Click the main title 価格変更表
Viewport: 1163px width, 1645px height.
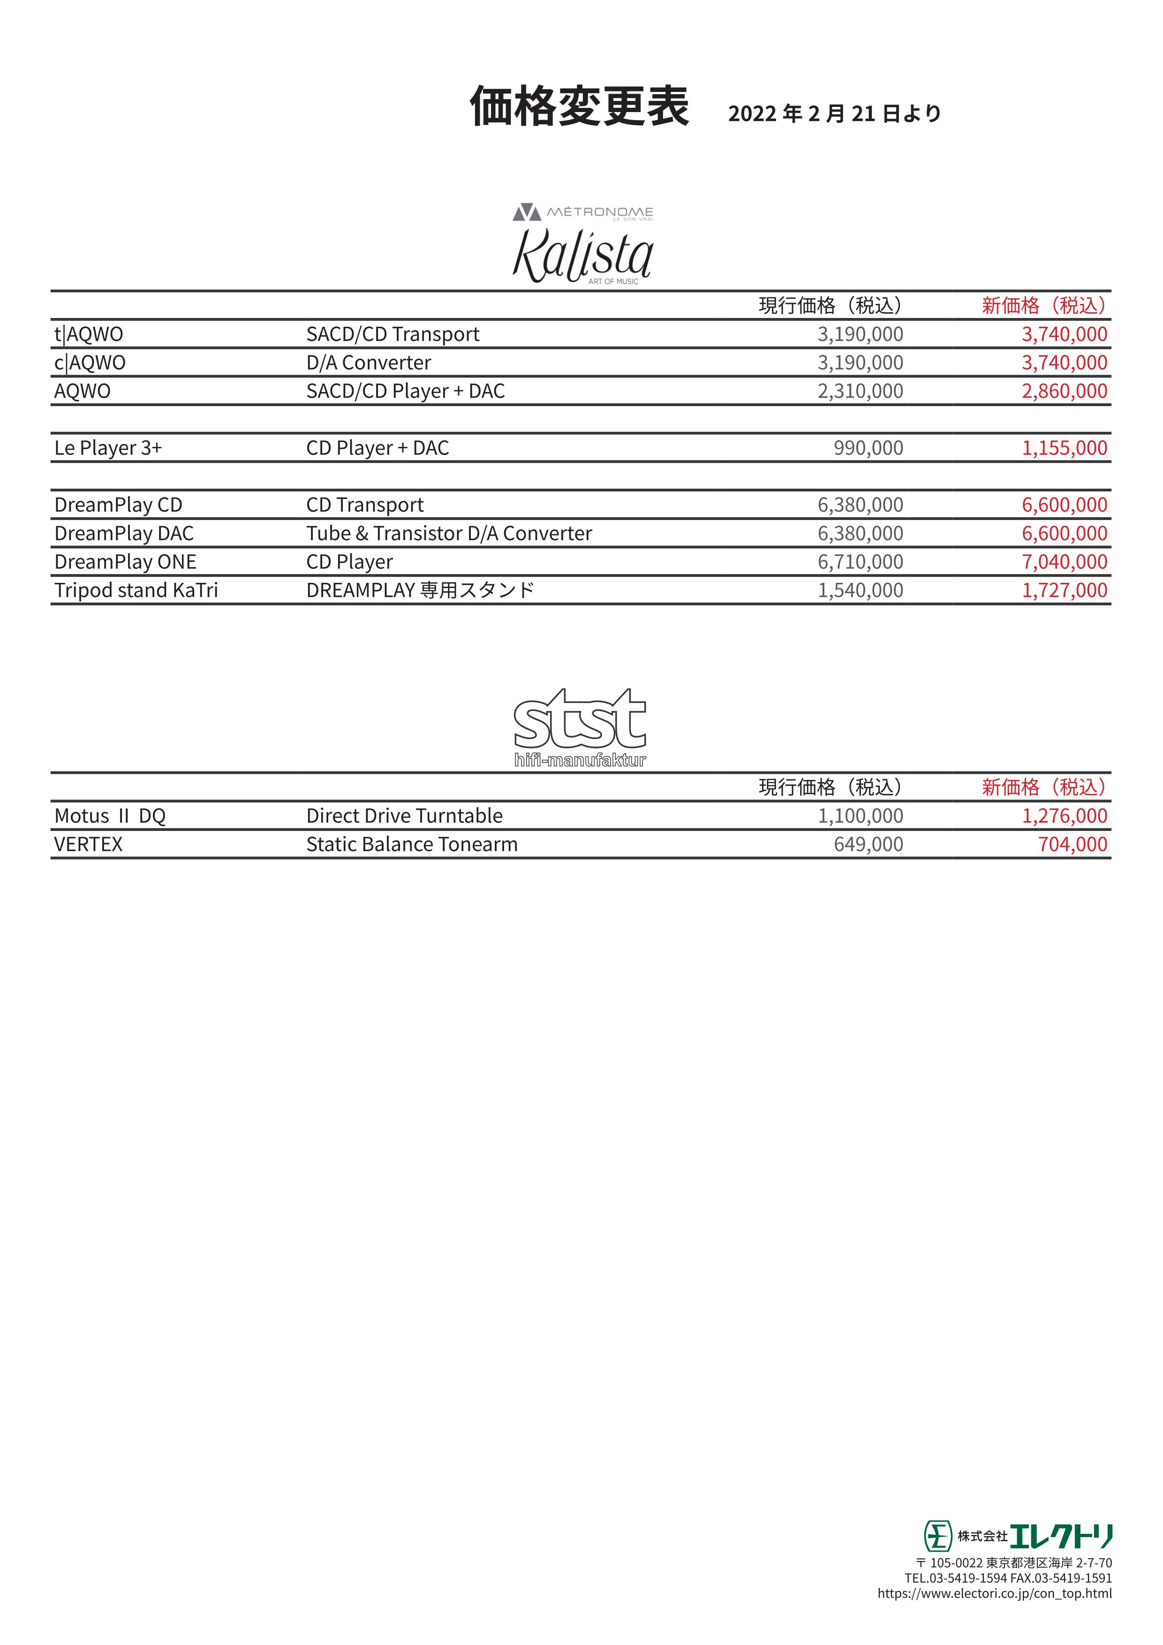tap(579, 107)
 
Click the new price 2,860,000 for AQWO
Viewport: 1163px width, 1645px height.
tap(1064, 391)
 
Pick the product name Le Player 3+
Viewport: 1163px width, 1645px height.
tap(108, 448)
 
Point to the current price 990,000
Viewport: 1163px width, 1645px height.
tap(868, 448)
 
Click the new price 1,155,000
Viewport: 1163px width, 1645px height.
tap(1064, 448)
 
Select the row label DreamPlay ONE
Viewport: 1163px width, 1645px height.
tap(125, 562)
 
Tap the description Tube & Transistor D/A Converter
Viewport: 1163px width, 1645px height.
tap(449, 534)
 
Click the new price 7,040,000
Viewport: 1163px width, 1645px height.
tap(1064, 562)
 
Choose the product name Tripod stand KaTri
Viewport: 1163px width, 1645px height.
tap(136, 590)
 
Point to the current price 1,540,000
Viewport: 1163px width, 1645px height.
tap(860, 590)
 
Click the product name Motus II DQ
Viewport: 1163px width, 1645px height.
tap(110, 816)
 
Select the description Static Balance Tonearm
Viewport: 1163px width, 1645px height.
tap(411, 845)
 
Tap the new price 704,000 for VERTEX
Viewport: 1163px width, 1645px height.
tap(1072, 845)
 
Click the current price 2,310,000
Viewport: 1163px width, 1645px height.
tap(860, 391)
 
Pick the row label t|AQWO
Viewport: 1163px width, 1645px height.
tap(89, 335)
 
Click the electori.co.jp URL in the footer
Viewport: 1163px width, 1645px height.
tap(995, 1593)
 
